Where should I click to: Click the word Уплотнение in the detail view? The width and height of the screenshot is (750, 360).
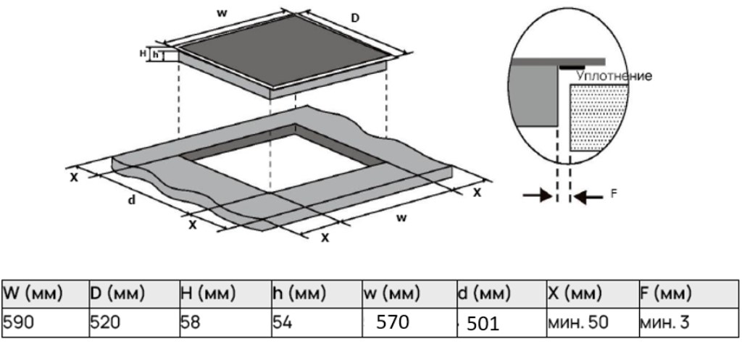[614, 76]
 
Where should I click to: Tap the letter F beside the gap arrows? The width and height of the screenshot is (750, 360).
[614, 193]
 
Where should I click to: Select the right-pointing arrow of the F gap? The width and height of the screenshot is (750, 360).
[538, 195]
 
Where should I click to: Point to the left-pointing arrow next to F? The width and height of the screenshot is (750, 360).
[588, 196]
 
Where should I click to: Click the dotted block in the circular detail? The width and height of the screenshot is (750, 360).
[599, 117]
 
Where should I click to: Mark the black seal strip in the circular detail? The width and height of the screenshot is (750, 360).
[572, 68]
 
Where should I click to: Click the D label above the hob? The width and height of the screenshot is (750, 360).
[355, 18]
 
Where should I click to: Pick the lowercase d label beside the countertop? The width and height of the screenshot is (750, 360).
[132, 200]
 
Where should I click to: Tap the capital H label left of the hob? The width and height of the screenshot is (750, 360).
[143, 54]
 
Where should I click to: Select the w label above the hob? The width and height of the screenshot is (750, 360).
[222, 13]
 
